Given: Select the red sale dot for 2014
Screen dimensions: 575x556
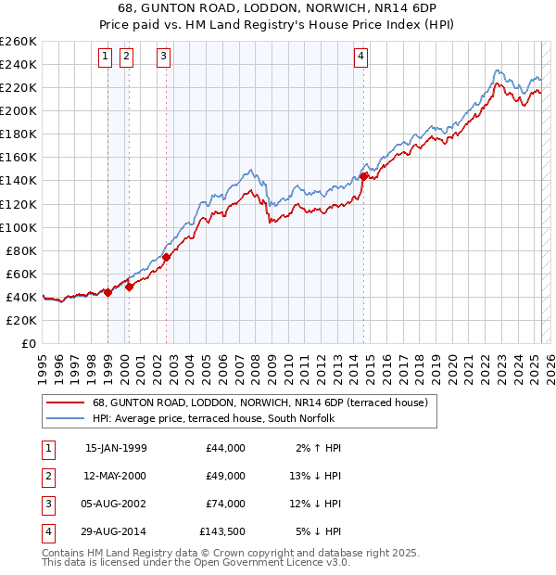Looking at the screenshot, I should point(364,175).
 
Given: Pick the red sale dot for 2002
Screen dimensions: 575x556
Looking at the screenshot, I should point(167,257).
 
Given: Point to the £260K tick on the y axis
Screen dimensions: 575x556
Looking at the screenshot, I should point(19,42).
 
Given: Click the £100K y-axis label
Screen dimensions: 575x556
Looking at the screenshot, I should point(19,227).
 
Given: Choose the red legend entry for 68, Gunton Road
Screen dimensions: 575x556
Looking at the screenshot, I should point(259,403).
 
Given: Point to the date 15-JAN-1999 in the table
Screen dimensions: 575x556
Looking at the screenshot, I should point(116,448).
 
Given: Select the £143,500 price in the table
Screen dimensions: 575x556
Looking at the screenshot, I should point(223,531).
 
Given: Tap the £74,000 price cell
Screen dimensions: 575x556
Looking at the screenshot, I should point(226,504).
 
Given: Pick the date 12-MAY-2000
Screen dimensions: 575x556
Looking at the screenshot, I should point(116,476).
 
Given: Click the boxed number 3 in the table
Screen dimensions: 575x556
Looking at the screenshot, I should point(47,504).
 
